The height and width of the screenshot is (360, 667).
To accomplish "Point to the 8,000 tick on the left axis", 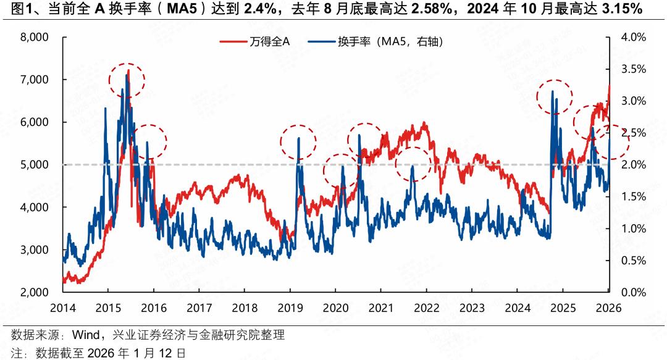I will [35, 37].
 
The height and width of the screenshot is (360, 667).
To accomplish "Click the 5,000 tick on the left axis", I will [35, 165].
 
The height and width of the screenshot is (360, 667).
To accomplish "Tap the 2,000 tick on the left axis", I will [35, 292].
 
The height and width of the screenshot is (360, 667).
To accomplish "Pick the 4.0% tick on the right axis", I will [633, 37].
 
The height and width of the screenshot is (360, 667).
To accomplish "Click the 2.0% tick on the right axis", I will [633, 165].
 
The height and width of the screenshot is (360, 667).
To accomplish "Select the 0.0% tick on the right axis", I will [633, 292].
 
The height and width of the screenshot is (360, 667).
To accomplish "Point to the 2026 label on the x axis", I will [608, 308].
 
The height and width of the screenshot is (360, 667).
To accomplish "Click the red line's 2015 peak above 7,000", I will [128, 71].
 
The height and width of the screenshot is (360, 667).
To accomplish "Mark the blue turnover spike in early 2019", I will [299, 138].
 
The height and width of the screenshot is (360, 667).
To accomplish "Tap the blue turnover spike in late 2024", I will [552, 92].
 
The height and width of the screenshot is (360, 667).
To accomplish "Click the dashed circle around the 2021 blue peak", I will [412, 164].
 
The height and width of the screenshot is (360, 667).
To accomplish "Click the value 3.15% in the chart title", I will [621, 10].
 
